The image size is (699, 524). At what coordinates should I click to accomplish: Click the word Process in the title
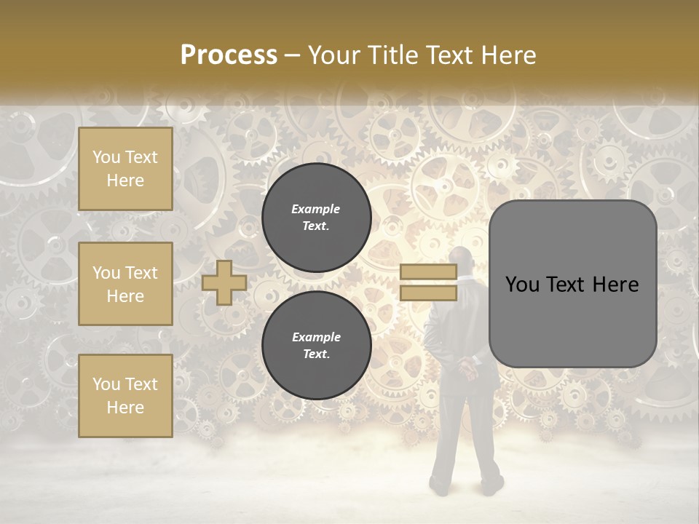(x=229, y=55)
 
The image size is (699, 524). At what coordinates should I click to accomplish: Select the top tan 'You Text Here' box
(x=125, y=169)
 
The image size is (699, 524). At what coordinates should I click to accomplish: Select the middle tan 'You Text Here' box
(x=125, y=284)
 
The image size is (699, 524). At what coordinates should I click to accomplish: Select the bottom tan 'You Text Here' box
(x=125, y=396)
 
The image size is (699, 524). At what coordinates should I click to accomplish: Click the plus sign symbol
(x=224, y=282)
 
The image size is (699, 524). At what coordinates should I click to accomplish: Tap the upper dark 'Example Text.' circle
(x=316, y=218)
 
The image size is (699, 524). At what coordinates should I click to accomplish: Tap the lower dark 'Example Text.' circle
(x=316, y=346)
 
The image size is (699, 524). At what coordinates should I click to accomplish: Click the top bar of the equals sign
(x=428, y=272)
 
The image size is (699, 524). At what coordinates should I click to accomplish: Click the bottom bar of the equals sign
(x=428, y=293)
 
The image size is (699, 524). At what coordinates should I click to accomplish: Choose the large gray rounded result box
(x=572, y=284)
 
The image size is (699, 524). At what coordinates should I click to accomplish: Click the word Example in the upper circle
(x=316, y=209)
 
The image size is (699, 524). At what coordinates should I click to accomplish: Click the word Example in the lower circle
(x=316, y=337)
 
